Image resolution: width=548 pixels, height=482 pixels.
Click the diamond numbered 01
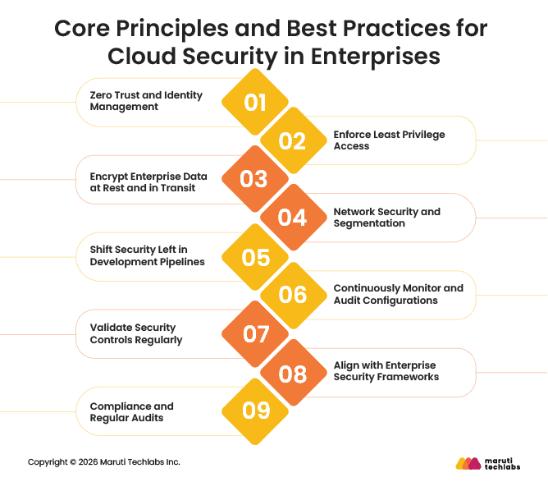(x=255, y=103)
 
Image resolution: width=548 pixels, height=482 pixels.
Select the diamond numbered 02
(x=292, y=141)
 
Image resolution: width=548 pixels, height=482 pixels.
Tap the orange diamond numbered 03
(x=254, y=179)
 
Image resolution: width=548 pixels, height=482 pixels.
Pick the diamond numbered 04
(x=292, y=218)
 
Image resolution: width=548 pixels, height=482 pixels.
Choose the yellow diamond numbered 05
(x=255, y=257)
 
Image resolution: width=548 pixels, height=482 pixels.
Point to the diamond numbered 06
(x=292, y=295)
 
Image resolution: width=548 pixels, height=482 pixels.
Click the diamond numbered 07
(x=255, y=334)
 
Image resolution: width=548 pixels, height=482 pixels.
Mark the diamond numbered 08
(x=292, y=374)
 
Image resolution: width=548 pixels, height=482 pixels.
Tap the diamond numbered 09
(x=255, y=411)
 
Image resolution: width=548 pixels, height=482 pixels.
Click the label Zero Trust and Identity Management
(x=146, y=101)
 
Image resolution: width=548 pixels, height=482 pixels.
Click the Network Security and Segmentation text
(x=386, y=218)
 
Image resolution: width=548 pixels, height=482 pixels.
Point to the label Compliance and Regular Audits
(x=131, y=412)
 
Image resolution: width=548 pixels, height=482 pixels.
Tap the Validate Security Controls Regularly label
(x=135, y=334)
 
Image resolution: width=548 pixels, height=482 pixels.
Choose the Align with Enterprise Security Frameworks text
(x=386, y=370)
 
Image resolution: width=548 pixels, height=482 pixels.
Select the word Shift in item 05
(x=103, y=250)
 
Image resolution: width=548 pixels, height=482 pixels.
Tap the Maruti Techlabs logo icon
(x=468, y=463)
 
